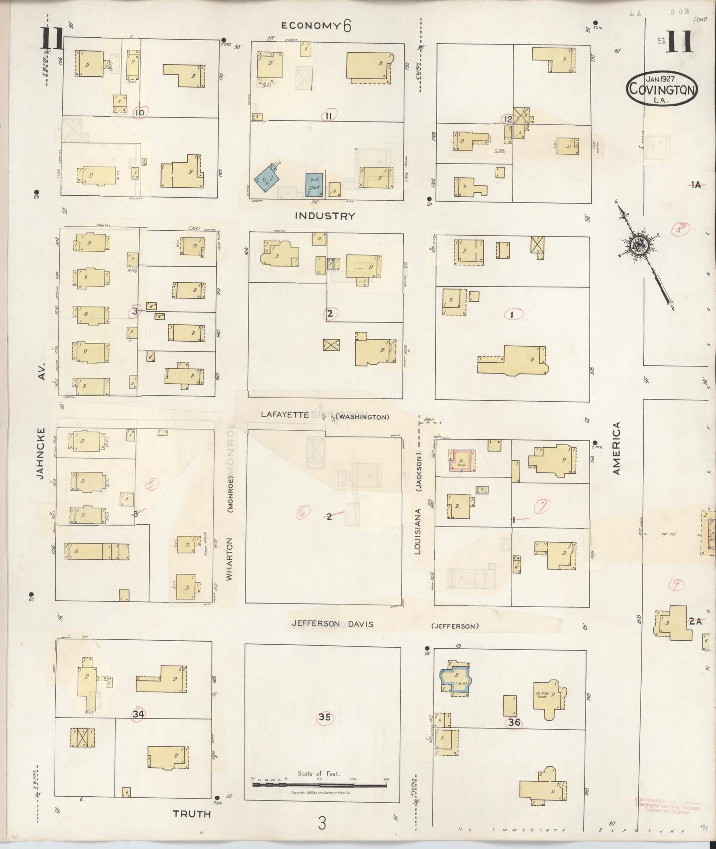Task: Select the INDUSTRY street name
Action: (325, 216)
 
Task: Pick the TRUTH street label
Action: (192, 814)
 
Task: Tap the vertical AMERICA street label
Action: (616, 448)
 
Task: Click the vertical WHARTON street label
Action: (229, 559)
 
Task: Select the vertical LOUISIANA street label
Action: (417, 531)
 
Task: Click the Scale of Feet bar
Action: (320, 784)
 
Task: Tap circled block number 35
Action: (325, 717)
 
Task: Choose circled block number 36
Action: (514, 722)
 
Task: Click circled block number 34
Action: (138, 714)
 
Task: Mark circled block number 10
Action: (140, 113)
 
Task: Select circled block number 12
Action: (507, 119)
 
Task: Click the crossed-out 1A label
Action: (696, 185)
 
